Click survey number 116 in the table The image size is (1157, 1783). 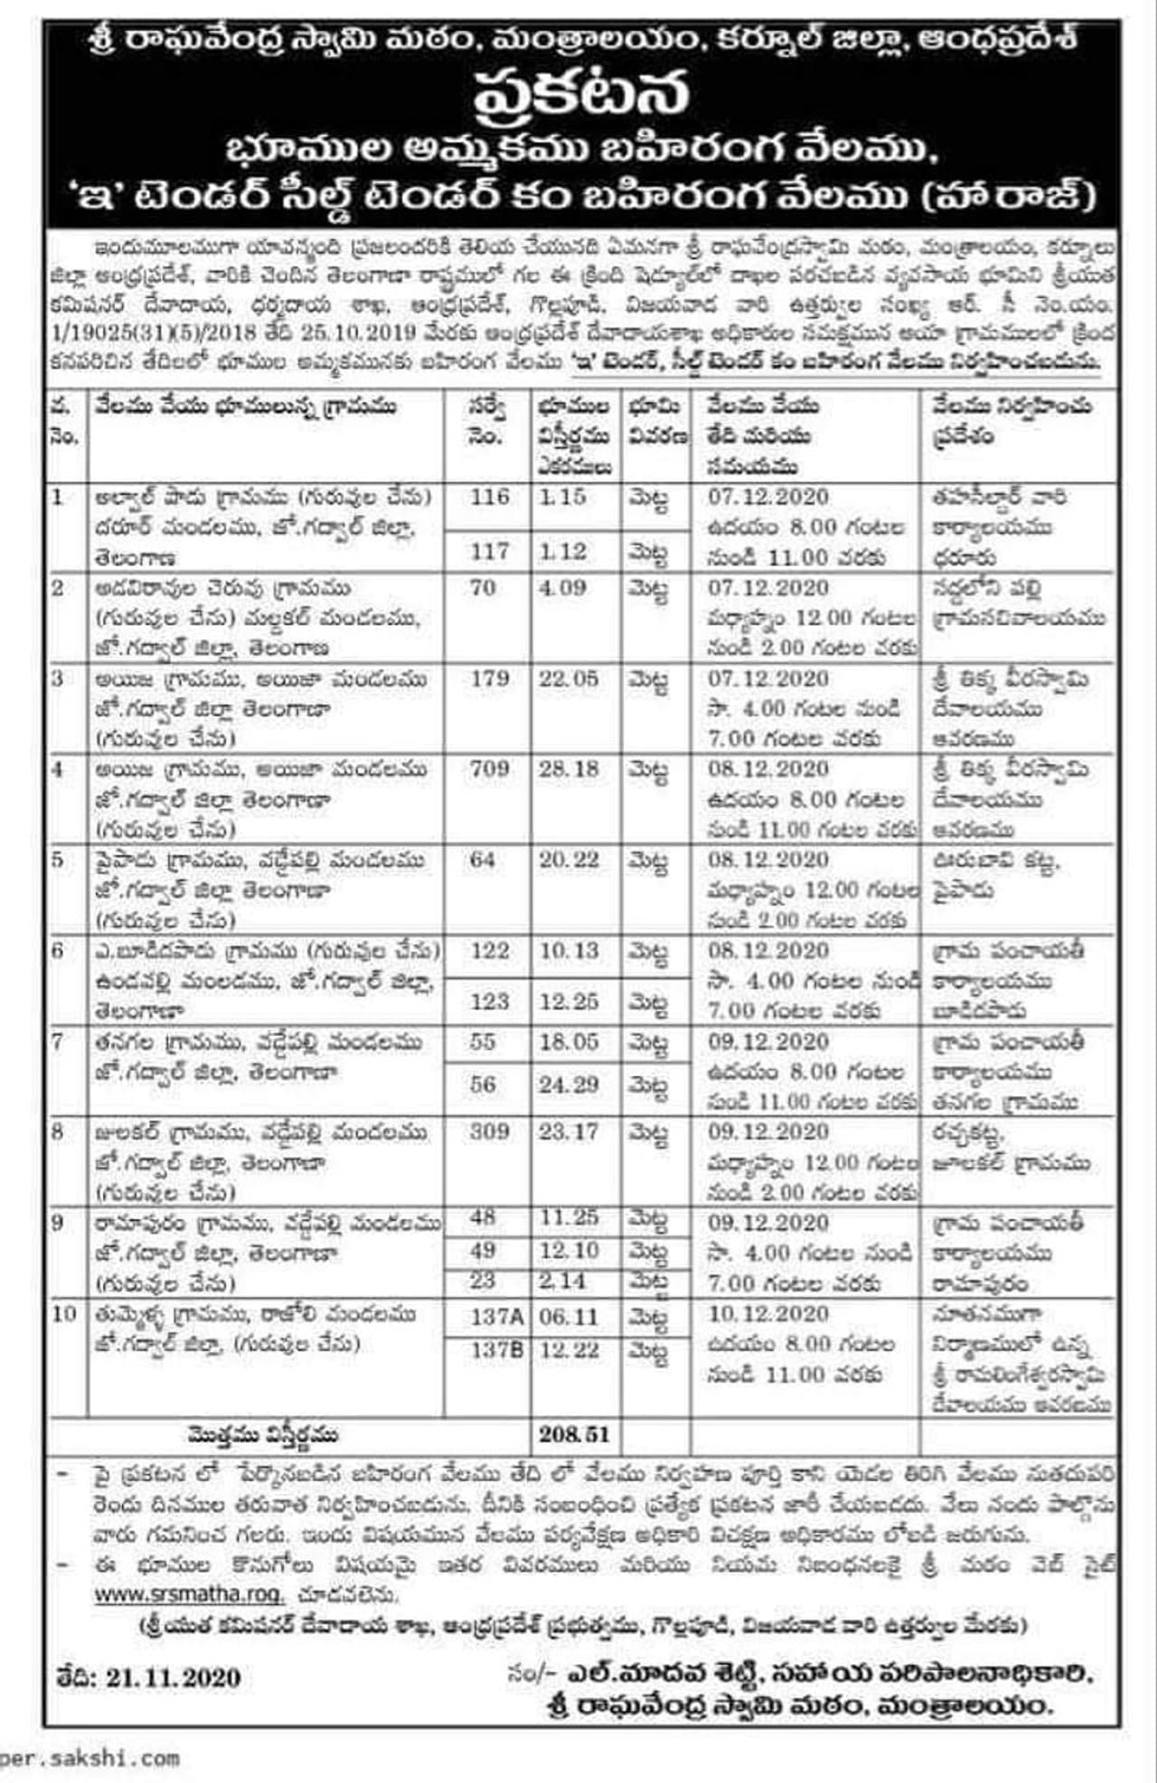(489, 497)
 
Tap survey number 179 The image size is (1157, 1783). (489, 679)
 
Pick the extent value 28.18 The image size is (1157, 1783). (569, 769)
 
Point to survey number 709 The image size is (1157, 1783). (489, 769)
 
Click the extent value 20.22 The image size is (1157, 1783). (569, 859)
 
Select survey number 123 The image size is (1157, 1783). (489, 1001)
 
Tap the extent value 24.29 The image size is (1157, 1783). (569, 1084)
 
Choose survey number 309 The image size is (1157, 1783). (489, 1131)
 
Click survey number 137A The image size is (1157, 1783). (496, 1317)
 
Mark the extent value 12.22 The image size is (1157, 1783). (569, 1350)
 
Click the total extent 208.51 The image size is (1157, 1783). (574, 1434)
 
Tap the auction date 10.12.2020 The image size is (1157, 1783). (768, 1313)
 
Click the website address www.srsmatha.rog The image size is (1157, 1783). (188, 1594)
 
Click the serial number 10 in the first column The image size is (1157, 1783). (64, 1314)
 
